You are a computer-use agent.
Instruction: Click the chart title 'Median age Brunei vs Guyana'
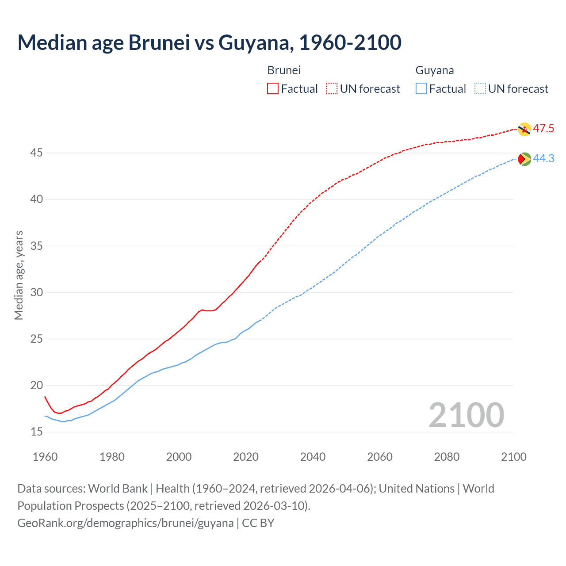click(x=209, y=42)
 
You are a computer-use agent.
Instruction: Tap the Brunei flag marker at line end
click(x=524, y=129)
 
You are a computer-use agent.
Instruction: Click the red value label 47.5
click(x=543, y=129)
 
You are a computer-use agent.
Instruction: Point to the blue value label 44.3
click(x=543, y=158)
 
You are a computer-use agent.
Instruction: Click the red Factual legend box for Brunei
click(x=273, y=89)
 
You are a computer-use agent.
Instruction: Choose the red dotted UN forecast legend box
click(x=332, y=89)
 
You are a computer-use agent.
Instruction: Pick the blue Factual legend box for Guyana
click(x=421, y=89)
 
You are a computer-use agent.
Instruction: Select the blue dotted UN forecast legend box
click(x=480, y=89)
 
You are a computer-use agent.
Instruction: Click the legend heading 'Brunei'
click(x=284, y=70)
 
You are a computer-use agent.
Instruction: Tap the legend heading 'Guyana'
click(x=434, y=70)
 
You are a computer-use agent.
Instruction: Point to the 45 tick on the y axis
click(x=37, y=153)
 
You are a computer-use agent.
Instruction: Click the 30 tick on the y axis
click(x=37, y=292)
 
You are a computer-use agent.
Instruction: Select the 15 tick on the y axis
click(x=37, y=432)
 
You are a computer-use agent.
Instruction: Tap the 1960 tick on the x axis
click(x=45, y=457)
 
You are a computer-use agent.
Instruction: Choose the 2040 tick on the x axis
click(x=313, y=457)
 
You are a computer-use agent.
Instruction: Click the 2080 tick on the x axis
click(x=447, y=457)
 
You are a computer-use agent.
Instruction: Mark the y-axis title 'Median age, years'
click(x=19, y=275)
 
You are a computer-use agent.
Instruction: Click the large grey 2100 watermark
click(x=466, y=415)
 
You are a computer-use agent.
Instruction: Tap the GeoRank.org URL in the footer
click(x=125, y=523)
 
